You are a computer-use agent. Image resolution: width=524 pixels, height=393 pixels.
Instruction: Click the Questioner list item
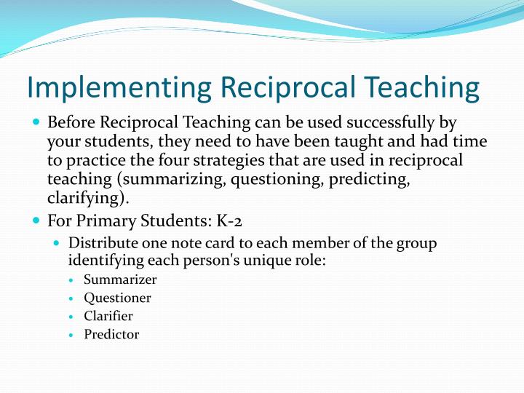(117, 298)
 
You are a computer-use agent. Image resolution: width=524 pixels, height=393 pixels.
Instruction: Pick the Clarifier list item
(108, 316)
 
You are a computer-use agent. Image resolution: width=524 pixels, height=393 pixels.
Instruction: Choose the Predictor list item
(111, 335)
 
